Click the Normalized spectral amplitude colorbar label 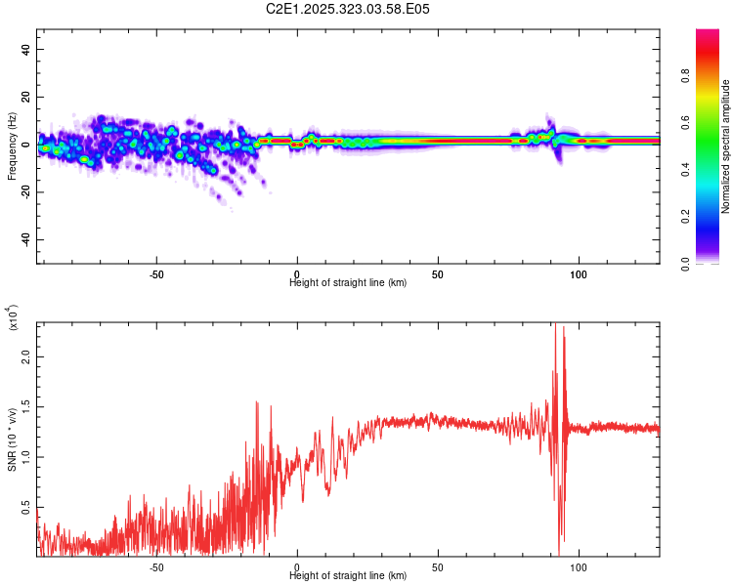coord(726,146)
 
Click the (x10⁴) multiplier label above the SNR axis coord(13,317)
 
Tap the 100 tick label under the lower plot coord(579,566)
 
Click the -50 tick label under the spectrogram coord(156,274)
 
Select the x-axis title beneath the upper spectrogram coord(348,283)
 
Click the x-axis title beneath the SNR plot coord(348,575)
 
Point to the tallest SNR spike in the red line coord(554,325)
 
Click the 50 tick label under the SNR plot coord(438,566)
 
